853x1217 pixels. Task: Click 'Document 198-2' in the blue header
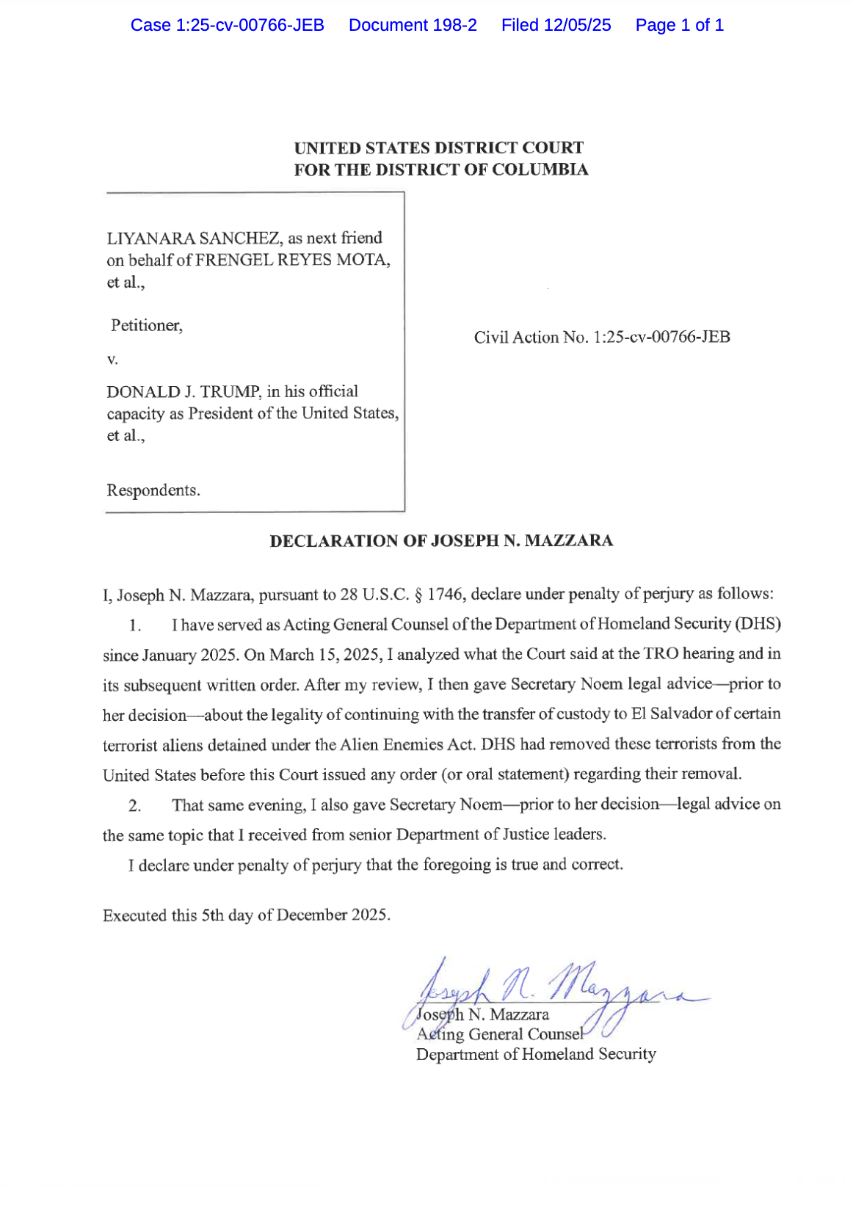[413, 25]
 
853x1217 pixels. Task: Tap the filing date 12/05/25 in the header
[577, 25]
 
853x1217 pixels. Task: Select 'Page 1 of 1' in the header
[679, 25]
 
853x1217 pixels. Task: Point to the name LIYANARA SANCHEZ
[194, 238]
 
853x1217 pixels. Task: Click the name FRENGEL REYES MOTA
[292, 260]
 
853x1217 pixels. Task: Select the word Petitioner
[146, 325]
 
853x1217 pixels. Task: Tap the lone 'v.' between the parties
[112, 359]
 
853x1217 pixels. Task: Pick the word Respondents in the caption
[153, 490]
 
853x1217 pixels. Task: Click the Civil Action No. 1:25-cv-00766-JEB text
[601, 337]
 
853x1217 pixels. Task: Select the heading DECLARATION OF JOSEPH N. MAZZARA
[441, 541]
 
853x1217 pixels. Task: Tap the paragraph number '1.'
[134, 625]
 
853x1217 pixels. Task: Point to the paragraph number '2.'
[134, 805]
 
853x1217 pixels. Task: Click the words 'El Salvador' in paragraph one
[669, 713]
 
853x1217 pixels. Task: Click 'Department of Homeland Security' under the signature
[536, 1054]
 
